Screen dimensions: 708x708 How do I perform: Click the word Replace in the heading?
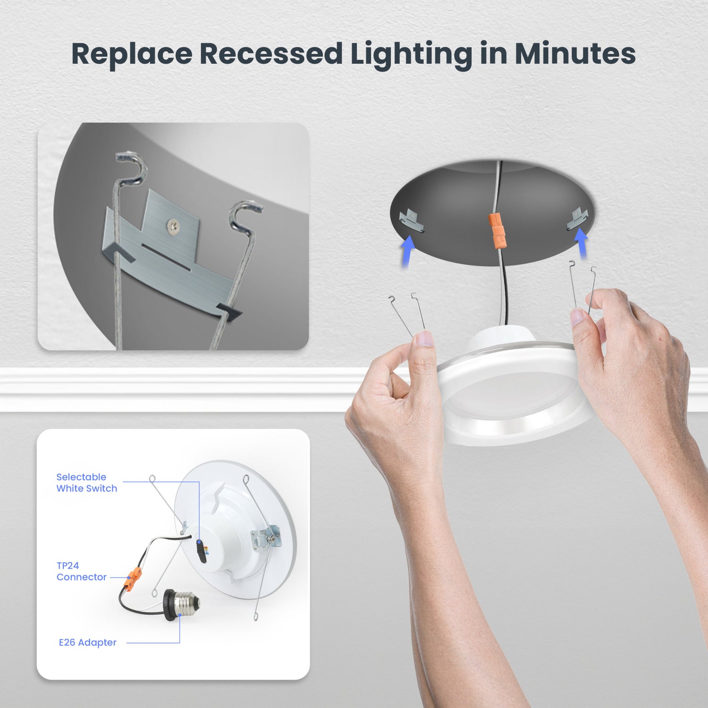click(x=132, y=54)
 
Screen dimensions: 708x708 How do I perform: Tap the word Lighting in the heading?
click(x=411, y=55)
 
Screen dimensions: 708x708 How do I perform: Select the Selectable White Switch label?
click(x=86, y=483)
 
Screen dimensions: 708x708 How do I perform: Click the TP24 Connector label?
click(x=81, y=571)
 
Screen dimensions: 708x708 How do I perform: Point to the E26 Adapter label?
click(x=87, y=642)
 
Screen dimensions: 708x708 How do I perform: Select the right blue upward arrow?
click(x=582, y=243)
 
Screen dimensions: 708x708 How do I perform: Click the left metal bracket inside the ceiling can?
click(x=412, y=221)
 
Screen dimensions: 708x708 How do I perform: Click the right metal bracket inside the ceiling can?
click(x=577, y=219)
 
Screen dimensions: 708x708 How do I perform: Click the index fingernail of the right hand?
click(x=577, y=316)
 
